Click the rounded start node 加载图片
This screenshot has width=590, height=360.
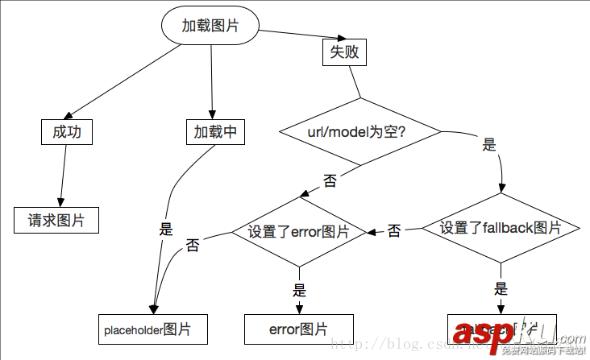[x=210, y=26]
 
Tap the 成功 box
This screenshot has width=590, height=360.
[x=67, y=132]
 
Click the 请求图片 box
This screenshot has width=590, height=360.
[x=56, y=220]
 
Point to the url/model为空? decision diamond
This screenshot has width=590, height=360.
[x=359, y=132]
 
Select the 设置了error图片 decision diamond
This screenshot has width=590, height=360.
[x=299, y=232]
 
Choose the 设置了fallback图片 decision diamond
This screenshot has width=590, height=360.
[x=501, y=228]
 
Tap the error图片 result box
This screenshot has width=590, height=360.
[x=299, y=329]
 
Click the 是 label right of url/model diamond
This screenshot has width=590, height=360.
[x=488, y=146]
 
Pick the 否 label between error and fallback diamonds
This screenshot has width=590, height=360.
[x=394, y=231]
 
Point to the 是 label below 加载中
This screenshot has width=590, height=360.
[x=166, y=229]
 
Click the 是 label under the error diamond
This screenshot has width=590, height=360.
[x=299, y=291]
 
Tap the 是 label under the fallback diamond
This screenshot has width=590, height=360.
[x=501, y=289]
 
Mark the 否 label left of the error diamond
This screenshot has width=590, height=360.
[x=193, y=245]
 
